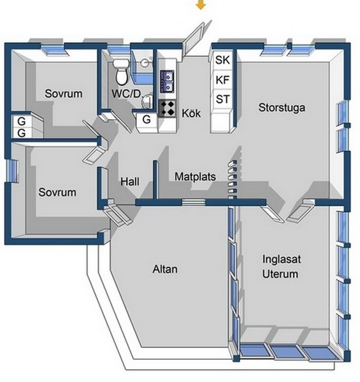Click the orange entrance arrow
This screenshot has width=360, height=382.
[x=201, y=4]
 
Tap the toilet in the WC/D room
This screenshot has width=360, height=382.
[x=120, y=73]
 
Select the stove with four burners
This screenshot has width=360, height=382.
[x=167, y=109]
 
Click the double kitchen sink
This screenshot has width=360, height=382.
[x=167, y=81]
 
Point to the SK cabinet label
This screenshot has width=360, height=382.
[x=222, y=60]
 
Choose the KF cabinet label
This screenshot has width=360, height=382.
[x=222, y=80]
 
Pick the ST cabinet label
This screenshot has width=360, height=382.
[x=223, y=99]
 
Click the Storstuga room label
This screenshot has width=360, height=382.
[x=282, y=108]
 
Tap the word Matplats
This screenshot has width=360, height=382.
[x=195, y=176]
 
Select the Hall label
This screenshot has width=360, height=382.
[x=130, y=181]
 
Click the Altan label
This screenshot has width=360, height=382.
[x=165, y=269]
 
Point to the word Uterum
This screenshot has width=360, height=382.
[x=280, y=274]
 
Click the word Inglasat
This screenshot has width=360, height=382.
[x=282, y=259]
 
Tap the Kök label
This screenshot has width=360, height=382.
[x=191, y=113]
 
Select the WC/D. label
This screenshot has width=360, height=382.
[x=127, y=94]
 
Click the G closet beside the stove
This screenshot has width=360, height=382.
[x=147, y=120]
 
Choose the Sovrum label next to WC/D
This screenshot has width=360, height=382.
[x=63, y=94]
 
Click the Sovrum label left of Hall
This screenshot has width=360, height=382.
[x=57, y=192]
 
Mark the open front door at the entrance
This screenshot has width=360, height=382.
[x=194, y=39]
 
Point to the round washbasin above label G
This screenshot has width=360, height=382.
[x=147, y=101]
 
